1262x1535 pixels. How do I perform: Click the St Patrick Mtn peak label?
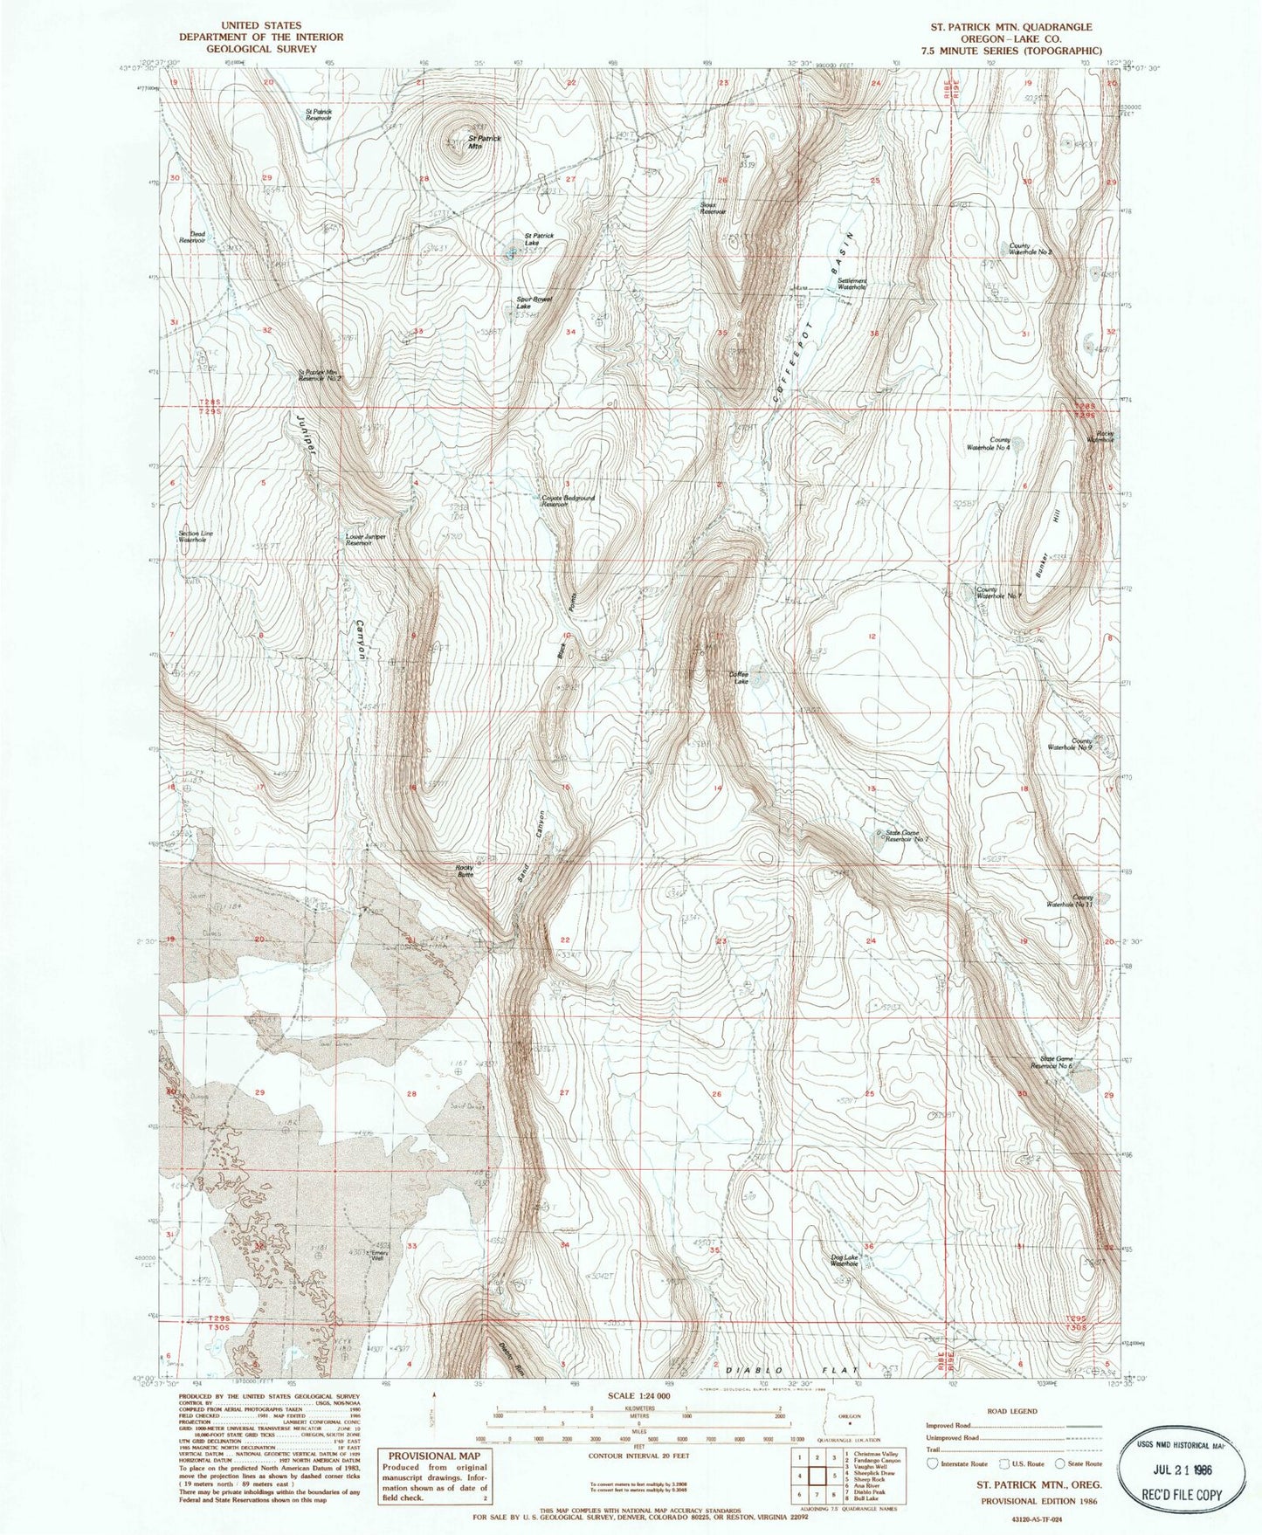[x=485, y=142]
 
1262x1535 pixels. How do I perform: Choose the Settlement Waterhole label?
[x=852, y=284]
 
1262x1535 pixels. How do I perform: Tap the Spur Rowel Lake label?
[x=534, y=302]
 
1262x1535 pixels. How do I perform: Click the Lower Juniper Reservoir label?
[x=365, y=539]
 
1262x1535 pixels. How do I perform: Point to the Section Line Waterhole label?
[x=196, y=536]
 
